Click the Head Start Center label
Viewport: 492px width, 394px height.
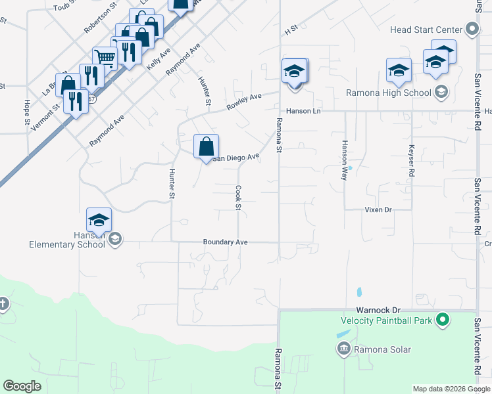(426, 30)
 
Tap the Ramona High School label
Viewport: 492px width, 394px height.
(389, 93)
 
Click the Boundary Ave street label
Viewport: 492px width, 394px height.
(225, 242)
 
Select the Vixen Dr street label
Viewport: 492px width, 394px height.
(378, 209)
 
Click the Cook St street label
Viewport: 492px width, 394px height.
(238, 198)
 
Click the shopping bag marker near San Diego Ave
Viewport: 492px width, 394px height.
(206, 146)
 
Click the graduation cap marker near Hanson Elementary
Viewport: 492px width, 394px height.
(99, 219)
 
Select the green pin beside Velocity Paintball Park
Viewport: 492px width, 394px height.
(443, 320)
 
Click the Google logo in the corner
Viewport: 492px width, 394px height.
(22, 386)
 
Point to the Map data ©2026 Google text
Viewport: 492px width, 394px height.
(451, 389)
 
